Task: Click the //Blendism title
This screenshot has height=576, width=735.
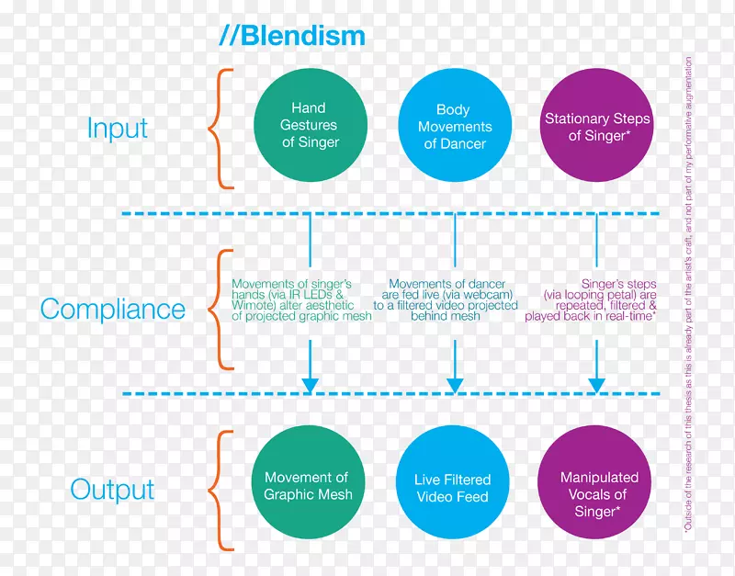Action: (x=292, y=36)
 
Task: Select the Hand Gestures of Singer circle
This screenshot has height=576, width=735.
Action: (x=310, y=126)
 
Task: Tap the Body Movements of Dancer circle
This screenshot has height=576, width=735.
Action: (x=453, y=126)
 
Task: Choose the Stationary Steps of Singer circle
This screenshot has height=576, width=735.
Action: (x=596, y=126)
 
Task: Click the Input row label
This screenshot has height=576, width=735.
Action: (x=118, y=128)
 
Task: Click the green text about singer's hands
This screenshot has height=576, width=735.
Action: (x=301, y=299)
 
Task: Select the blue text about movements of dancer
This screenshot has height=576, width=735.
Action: (x=446, y=299)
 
